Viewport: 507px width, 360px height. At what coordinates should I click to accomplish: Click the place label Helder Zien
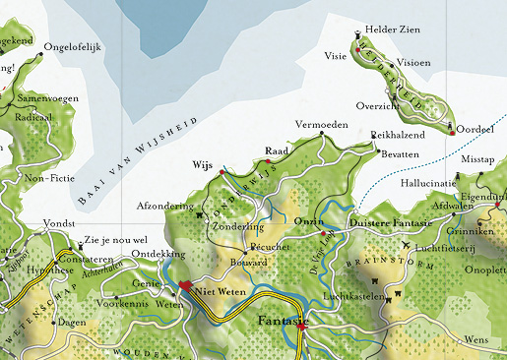pyautogui.click(x=393, y=30)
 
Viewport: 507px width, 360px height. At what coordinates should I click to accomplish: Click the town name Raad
pyautogui.click(x=276, y=151)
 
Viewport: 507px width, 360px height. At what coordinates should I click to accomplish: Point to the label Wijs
pyautogui.click(x=203, y=164)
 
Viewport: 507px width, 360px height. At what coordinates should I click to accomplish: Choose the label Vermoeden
pyautogui.click(x=321, y=126)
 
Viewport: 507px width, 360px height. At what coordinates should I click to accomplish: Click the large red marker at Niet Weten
pyautogui.click(x=184, y=286)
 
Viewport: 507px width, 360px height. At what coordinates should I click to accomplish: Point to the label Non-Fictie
pyautogui.click(x=49, y=178)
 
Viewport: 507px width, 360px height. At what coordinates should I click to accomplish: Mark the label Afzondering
pyautogui.click(x=169, y=207)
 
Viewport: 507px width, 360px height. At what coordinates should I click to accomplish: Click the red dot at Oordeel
pyautogui.click(x=452, y=133)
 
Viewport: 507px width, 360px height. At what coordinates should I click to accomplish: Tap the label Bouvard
pyautogui.click(x=249, y=265)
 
